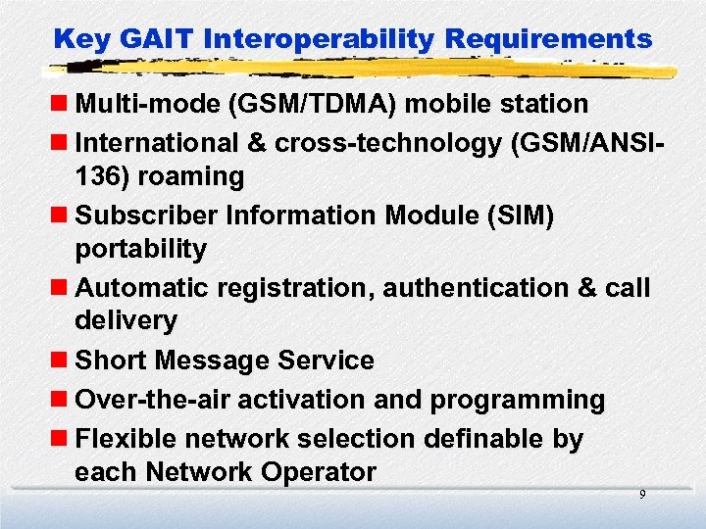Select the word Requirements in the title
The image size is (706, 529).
[548, 39]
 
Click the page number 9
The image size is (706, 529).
[642, 495]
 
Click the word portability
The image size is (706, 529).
[140, 250]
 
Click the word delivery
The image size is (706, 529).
[126, 321]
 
